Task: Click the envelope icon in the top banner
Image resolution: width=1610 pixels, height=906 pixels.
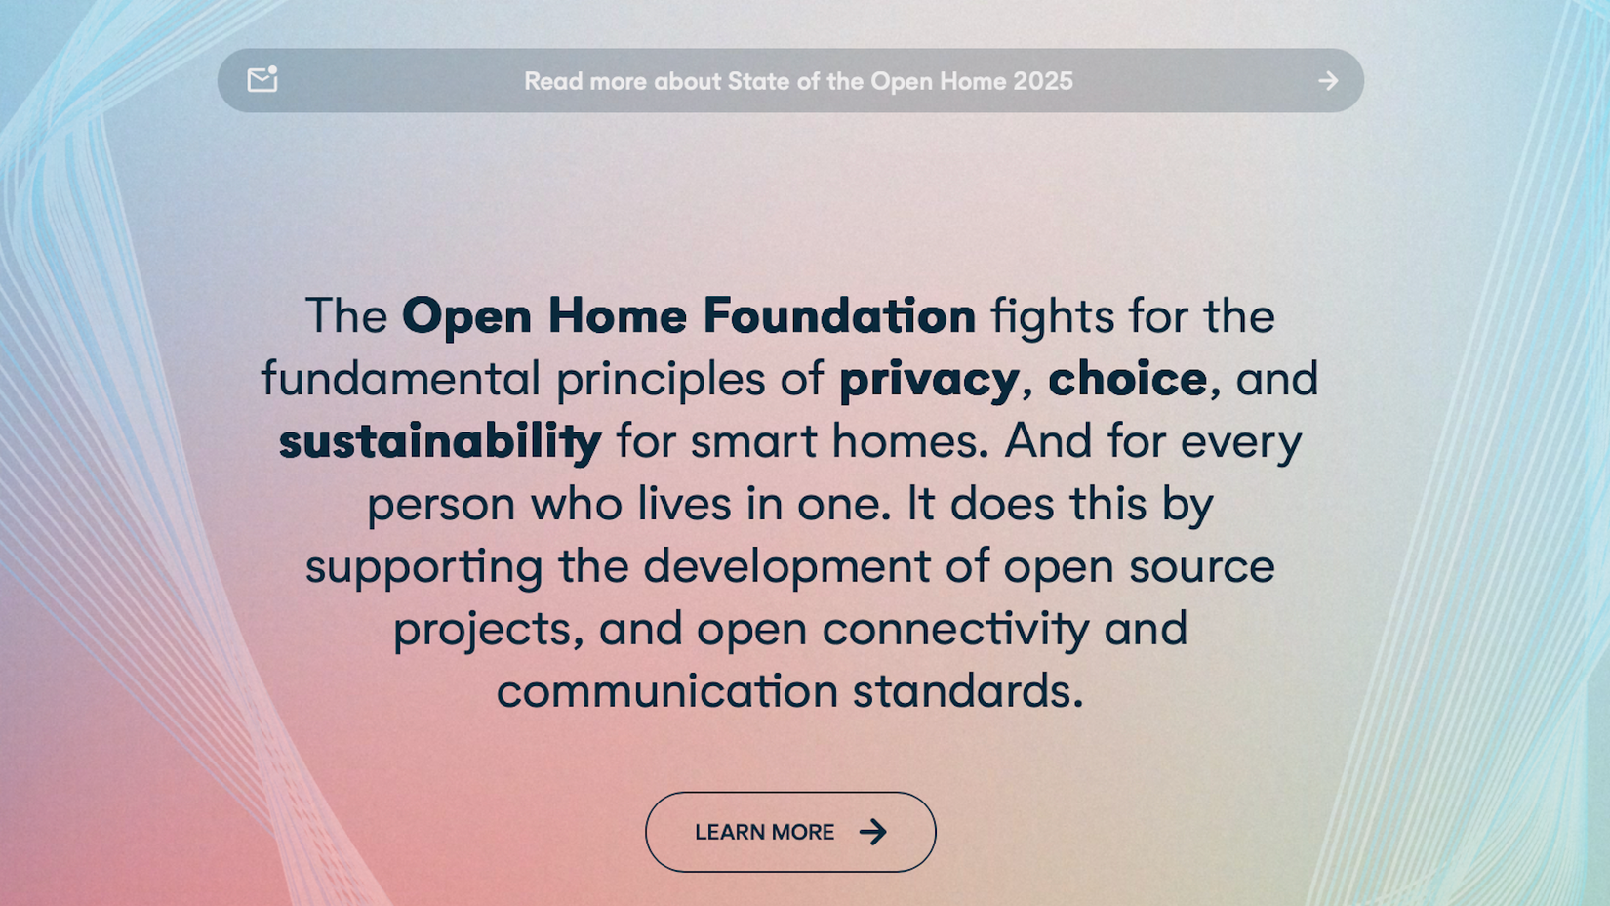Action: tap(262, 79)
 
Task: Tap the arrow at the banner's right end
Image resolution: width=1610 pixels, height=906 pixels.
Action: tap(1328, 81)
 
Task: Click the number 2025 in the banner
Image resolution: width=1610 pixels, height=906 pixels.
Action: tap(1042, 81)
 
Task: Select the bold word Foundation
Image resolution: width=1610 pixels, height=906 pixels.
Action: tap(839, 315)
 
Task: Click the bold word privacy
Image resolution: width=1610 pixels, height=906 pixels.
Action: tap(929, 379)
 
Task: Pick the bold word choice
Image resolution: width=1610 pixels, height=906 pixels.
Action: tap(1127, 378)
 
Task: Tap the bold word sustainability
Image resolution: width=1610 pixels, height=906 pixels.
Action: tap(440, 441)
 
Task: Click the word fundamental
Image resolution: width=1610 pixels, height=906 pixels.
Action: tap(400, 378)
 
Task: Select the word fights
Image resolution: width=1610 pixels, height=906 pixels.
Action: tap(1052, 316)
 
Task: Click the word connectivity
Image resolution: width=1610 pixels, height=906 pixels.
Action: tap(955, 629)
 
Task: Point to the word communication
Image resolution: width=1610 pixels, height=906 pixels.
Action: tap(667, 691)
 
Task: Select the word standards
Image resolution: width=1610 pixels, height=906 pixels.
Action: tap(967, 691)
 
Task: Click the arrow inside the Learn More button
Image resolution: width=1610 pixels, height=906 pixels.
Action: tap(873, 832)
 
